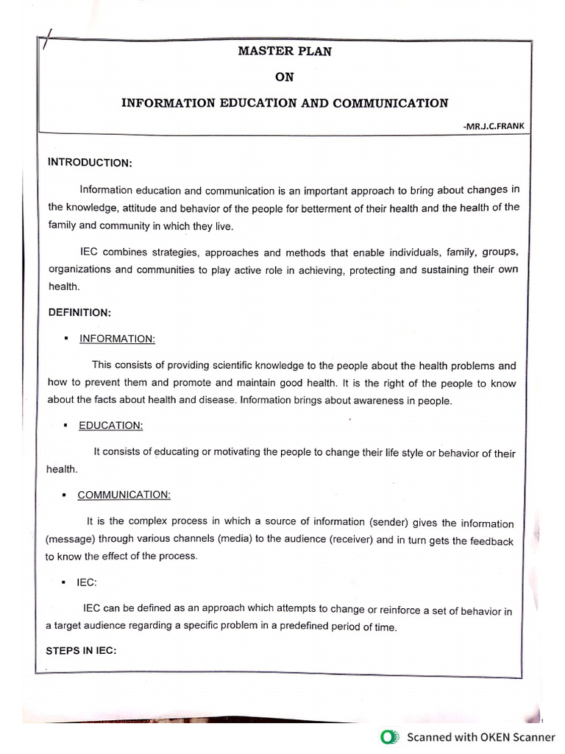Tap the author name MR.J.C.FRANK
(x=494, y=127)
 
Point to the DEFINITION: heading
(x=79, y=312)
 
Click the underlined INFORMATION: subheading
(x=118, y=339)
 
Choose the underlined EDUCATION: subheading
(x=111, y=426)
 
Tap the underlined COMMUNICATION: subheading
(x=124, y=495)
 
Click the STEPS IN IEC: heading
(x=82, y=651)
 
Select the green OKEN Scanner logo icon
(x=389, y=736)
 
